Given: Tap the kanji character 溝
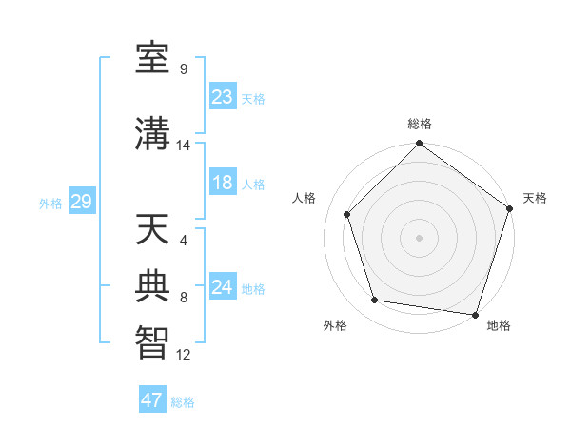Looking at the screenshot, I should point(153,133).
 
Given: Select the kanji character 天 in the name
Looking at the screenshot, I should point(153,230).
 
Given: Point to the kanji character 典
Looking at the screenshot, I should point(153,284).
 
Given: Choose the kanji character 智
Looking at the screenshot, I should point(153,341).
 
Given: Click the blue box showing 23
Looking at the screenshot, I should point(223,97).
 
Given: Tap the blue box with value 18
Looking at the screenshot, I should point(223,184).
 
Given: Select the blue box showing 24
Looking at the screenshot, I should point(223,287).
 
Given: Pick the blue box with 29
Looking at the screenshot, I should point(81,202).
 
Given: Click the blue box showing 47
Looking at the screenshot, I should point(152,400).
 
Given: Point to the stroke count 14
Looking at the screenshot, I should point(184,146).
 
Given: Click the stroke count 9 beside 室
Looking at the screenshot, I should point(184,68).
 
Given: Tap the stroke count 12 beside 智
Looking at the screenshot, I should point(184,355).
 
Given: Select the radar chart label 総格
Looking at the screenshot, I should point(419,124).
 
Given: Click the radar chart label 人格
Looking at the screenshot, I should point(305,197).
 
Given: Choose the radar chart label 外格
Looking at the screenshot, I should point(335,325).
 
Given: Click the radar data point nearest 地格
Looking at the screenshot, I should point(475,314).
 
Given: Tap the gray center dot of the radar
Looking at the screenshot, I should point(419,238).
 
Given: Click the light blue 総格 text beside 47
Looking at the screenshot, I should point(183,402).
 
